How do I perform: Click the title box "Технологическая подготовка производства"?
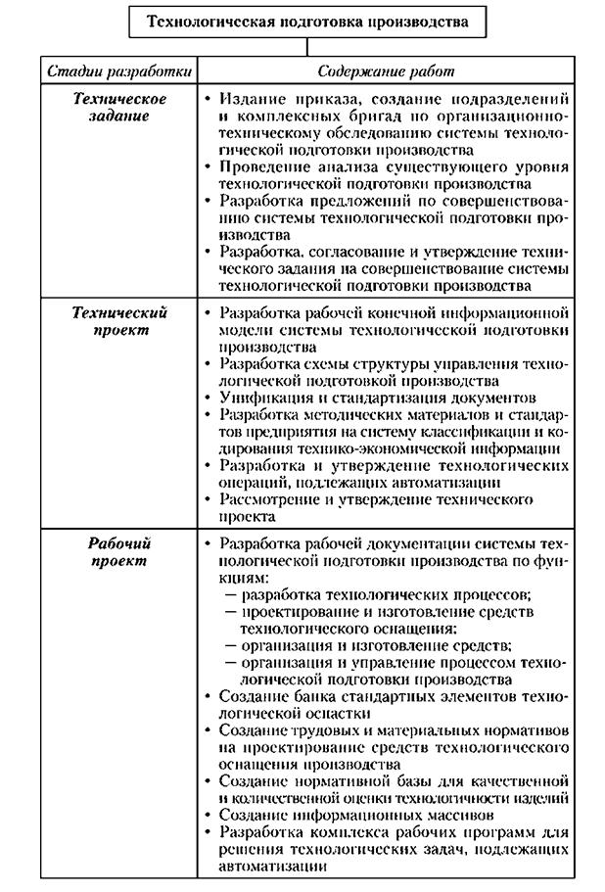click(307, 21)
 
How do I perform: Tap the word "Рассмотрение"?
click(275, 500)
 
